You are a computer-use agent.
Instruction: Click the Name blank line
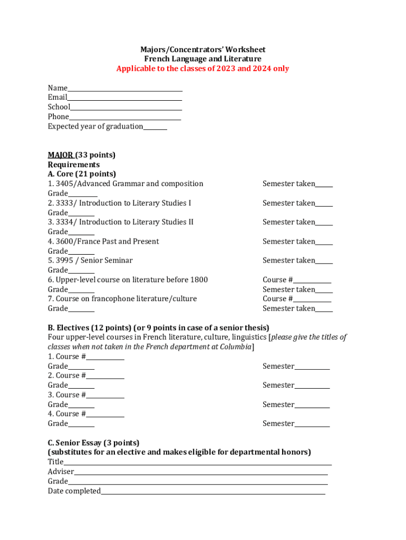point(125,89)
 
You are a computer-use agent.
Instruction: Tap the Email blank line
point(124,98)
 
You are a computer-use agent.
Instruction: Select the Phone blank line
point(125,117)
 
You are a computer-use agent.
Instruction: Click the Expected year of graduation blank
point(155,127)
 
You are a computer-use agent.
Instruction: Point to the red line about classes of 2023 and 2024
point(202,69)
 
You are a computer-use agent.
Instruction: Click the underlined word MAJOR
point(60,155)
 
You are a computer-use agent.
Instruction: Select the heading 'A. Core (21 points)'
point(82,174)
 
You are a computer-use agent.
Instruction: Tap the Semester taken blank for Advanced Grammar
point(324,185)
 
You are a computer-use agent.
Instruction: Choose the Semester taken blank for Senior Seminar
point(324,261)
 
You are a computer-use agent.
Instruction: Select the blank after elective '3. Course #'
point(105,396)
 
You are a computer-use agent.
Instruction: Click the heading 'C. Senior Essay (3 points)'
point(93,442)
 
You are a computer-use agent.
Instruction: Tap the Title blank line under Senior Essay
point(198,462)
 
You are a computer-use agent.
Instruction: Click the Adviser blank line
point(200,472)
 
